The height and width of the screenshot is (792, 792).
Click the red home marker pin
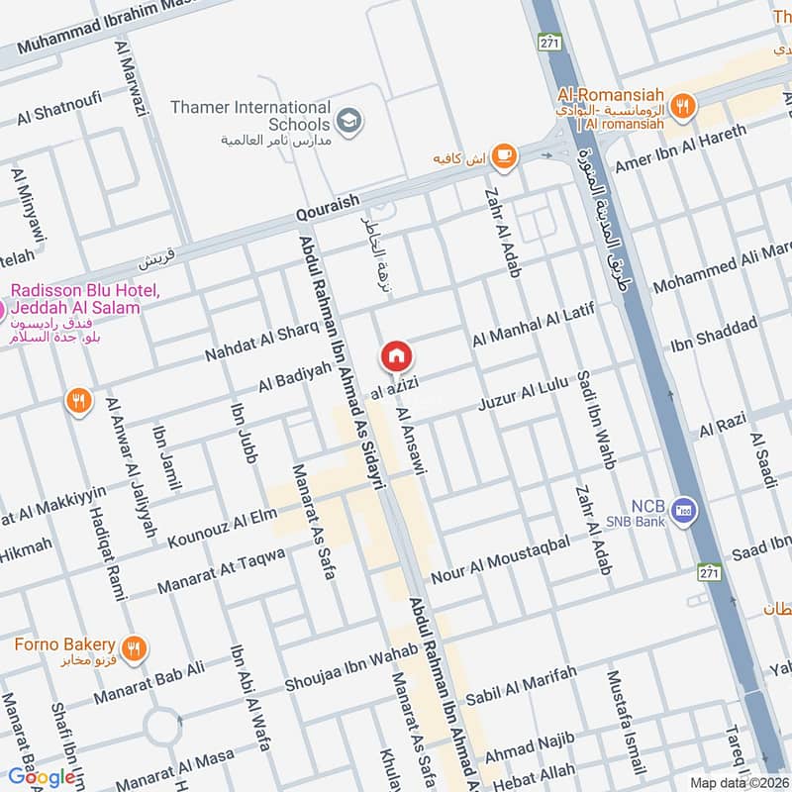coord(396,356)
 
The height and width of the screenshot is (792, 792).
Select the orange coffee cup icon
coord(504,154)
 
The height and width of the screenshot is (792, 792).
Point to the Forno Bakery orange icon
coord(135,648)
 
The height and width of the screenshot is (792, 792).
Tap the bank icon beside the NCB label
coord(683,510)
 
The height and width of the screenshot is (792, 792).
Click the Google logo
coord(43,776)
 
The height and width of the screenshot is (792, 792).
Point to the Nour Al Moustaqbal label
coord(500,555)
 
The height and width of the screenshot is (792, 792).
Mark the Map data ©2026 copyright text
coord(738,782)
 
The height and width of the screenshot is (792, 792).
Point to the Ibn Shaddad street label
coord(714,334)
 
